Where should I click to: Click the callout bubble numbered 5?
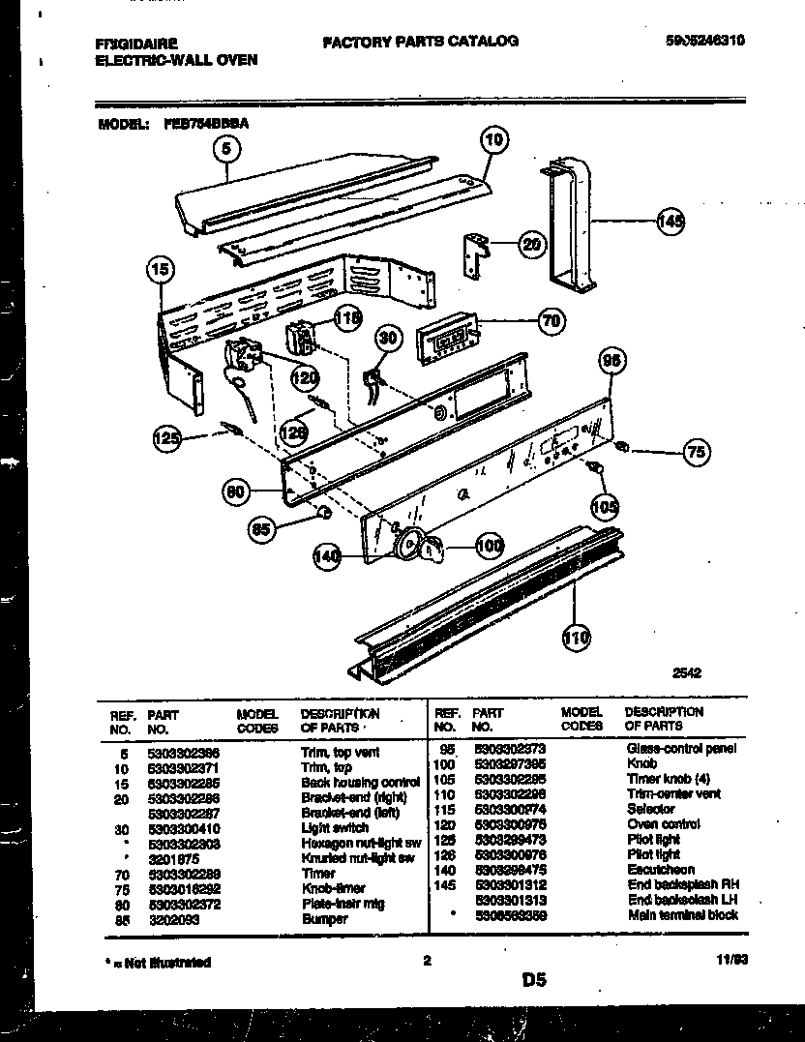coord(225,149)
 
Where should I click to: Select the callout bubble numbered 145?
coord(670,221)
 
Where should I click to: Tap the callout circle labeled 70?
coord(551,321)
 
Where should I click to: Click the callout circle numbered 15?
coord(162,270)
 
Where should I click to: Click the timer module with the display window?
coord(447,341)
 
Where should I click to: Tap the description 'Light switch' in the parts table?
coord(334,828)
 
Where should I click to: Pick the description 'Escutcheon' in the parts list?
coord(661,870)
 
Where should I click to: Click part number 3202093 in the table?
coord(173,919)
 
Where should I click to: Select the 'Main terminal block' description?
coord(682,914)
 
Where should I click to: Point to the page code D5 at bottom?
coord(534,980)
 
